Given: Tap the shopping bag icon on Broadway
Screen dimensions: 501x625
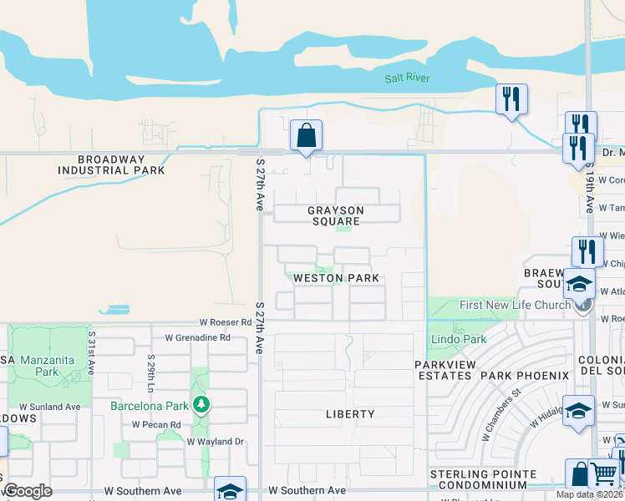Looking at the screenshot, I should pos(307,135).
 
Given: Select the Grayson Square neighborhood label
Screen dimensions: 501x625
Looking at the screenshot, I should pos(334,215).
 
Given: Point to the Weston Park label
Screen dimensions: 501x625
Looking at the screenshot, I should pos(336,278).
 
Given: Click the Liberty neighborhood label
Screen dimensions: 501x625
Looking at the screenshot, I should pos(350,414).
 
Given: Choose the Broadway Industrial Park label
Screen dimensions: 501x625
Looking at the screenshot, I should pos(111,164).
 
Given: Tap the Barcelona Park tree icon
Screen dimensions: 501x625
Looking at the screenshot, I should pos(201,406).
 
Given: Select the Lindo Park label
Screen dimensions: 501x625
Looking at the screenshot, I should pos(458,339).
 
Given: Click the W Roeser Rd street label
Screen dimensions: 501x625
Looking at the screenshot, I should pos(225,322).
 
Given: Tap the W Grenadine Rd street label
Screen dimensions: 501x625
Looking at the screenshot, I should pos(197,338).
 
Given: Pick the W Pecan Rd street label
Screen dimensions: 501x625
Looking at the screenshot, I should pos(156,424).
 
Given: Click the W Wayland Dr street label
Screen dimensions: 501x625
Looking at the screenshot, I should pos(215,441).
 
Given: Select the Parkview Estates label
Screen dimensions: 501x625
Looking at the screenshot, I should pos(445,371).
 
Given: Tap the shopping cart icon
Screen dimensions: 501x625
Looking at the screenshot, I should pos(602,473).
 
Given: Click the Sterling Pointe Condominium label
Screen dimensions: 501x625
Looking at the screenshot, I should pos(483,480).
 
